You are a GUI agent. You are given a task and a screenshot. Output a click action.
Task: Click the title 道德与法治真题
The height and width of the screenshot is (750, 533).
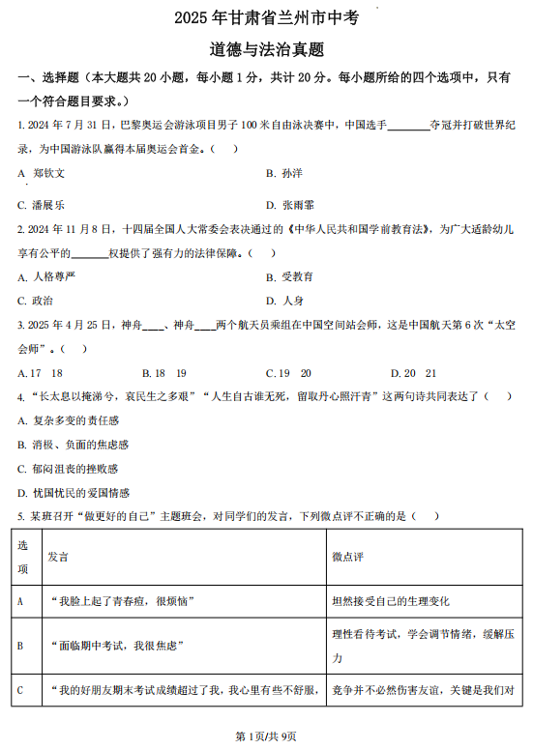click(x=266, y=48)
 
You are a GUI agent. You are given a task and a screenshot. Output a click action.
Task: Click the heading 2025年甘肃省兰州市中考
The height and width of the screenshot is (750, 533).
click(x=266, y=18)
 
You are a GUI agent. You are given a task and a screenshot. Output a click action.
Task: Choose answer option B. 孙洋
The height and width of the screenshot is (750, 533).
click(x=284, y=173)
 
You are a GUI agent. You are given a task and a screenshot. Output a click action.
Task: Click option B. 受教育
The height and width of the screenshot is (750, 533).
click(x=290, y=276)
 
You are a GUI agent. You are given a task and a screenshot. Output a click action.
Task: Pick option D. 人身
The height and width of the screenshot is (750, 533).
click(x=285, y=301)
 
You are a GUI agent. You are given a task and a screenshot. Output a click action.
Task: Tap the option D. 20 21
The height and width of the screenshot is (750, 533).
click(x=413, y=372)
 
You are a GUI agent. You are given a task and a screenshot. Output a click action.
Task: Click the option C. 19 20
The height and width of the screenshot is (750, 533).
click(x=288, y=372)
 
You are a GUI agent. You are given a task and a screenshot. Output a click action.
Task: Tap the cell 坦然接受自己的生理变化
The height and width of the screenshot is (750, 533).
click(x=391, y=601)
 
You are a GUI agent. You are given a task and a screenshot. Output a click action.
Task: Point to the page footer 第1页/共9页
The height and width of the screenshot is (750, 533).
click(x=266, y=736)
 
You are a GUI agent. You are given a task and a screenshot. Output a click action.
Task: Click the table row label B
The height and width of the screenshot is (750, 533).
click(x=21, y=646)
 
